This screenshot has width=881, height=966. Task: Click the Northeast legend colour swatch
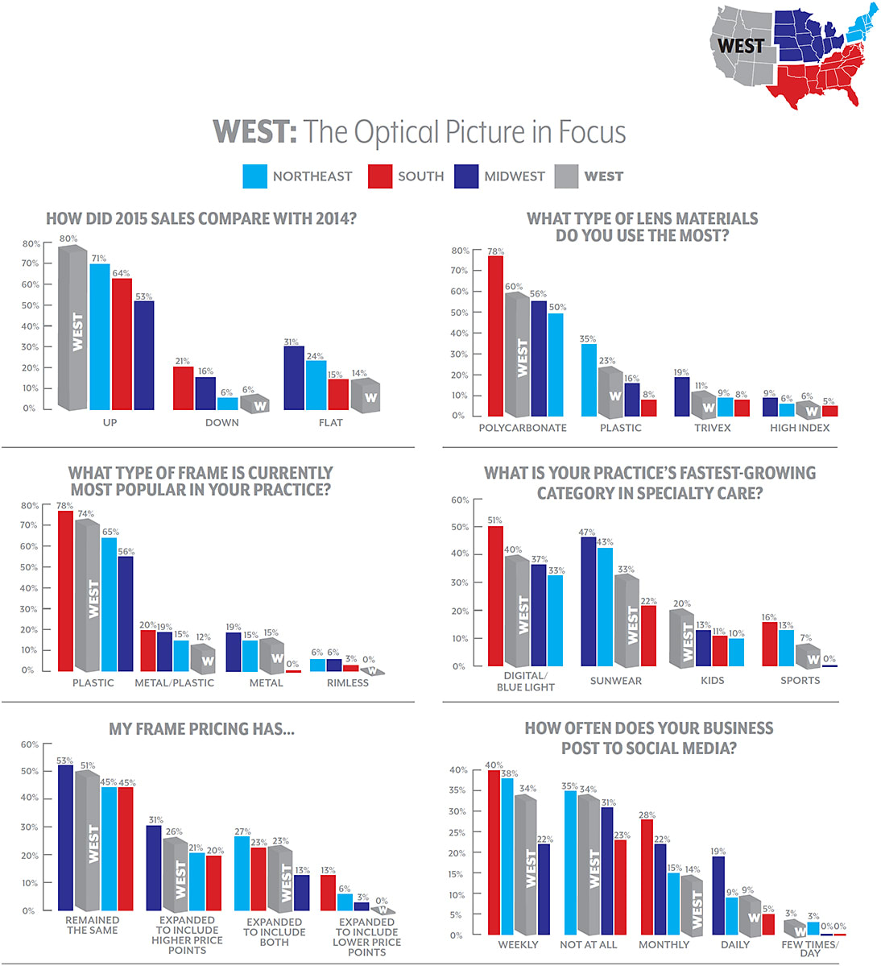[254, 176]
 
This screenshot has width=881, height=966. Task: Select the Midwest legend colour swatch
[466, 176]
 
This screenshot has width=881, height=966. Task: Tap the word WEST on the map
[740, 46]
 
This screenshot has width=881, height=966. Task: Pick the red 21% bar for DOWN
[184, 388]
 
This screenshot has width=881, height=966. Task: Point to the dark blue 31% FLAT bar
[294, 378]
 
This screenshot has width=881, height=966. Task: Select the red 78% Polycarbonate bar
[495, 335]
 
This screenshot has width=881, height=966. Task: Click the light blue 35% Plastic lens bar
[589, 379]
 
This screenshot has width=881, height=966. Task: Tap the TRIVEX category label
[713, 428]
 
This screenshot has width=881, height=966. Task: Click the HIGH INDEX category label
[800, 428]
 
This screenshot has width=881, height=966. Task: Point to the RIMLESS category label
[348, 683]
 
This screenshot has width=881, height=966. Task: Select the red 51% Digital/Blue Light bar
[495, 595]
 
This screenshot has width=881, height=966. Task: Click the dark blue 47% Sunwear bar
[589, 601]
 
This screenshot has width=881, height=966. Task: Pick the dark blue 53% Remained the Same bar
[65, 837]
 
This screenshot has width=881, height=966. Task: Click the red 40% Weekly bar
[493, 852]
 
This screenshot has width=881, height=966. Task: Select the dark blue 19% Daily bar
[718, 895]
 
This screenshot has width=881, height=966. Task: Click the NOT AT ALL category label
[588, 945]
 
